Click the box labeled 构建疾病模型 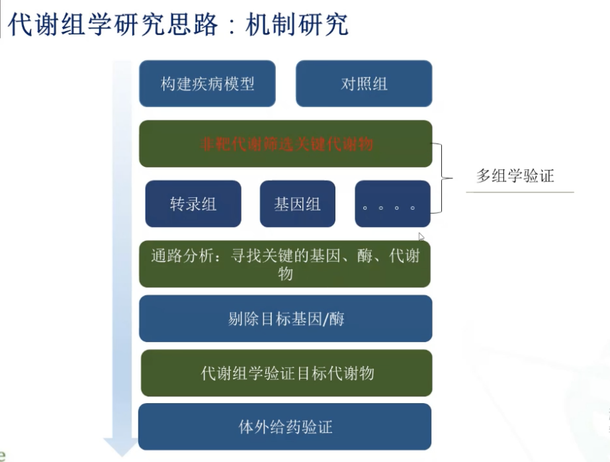pyautogui.click(x=207, y=84)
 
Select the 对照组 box pyautogui.click(x=364, y=84)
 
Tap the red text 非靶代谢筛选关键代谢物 pyautogui.click(x=286, y=144)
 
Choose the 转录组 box pyautogui.click(x=193, y=204)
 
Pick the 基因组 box pyautogui.click(x=297, y=204)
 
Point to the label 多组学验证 pyautogui.click(x=515, y=176)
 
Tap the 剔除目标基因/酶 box pyautogui.click(x=285, y=319)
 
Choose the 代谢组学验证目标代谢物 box pyautogui.click(x=286, y=373)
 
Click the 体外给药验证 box pyautogui.click(x=285, y=427)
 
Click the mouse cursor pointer pyautogui.click(x=421, y=237)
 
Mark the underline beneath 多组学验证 pyautogui.click(x=519, y=192)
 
